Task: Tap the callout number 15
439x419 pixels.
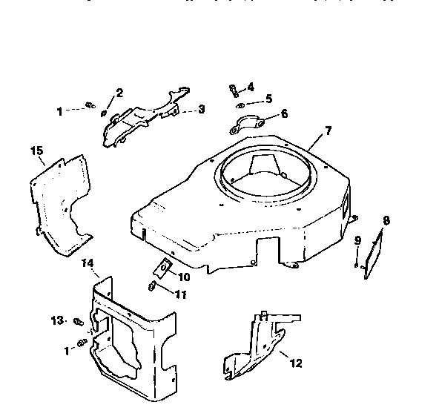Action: pos(36,151)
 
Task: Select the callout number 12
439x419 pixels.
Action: pos(296,364)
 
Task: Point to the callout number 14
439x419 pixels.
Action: pos(87,263)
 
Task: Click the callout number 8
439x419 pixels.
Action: pos(386,220)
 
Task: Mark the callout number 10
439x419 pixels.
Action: pos(184,277)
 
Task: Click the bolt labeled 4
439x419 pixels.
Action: pos(234,90)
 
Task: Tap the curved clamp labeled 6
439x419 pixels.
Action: pos(249,122)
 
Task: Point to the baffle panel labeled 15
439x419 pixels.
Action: pos(63,204)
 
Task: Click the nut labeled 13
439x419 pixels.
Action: pos(77,320)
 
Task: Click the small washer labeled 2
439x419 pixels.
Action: pos(104,113)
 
